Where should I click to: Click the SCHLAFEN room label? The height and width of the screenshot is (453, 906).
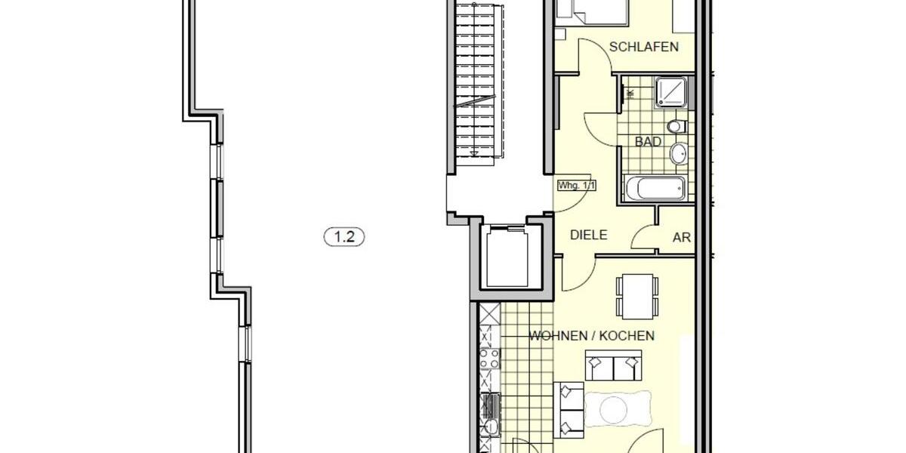pyautogui.click(x=644, y=47)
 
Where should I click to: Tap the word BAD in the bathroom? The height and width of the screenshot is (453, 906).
pyautogui.click(x=648, y=141)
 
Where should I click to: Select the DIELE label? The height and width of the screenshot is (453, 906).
pyautogui.click(x=588, y=235)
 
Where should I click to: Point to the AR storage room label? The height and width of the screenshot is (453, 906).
pyautogui.click(x=682, y=237)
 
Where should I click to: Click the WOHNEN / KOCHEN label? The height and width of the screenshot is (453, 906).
pyautogui.click(x=591, y=336)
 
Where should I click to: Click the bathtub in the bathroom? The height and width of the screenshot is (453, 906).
pyautogui.click(x=655, y=188)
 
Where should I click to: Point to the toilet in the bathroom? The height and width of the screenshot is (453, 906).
pyautogui.click(x=676, y=125)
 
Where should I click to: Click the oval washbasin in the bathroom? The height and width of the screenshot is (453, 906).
pyautogui.click(x=678, y=154)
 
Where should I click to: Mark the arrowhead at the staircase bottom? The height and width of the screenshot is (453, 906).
pyautogui.click(x=473, y=153)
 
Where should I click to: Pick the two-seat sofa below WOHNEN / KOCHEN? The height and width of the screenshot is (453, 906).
pyautogui.click(x=612, y=368)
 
